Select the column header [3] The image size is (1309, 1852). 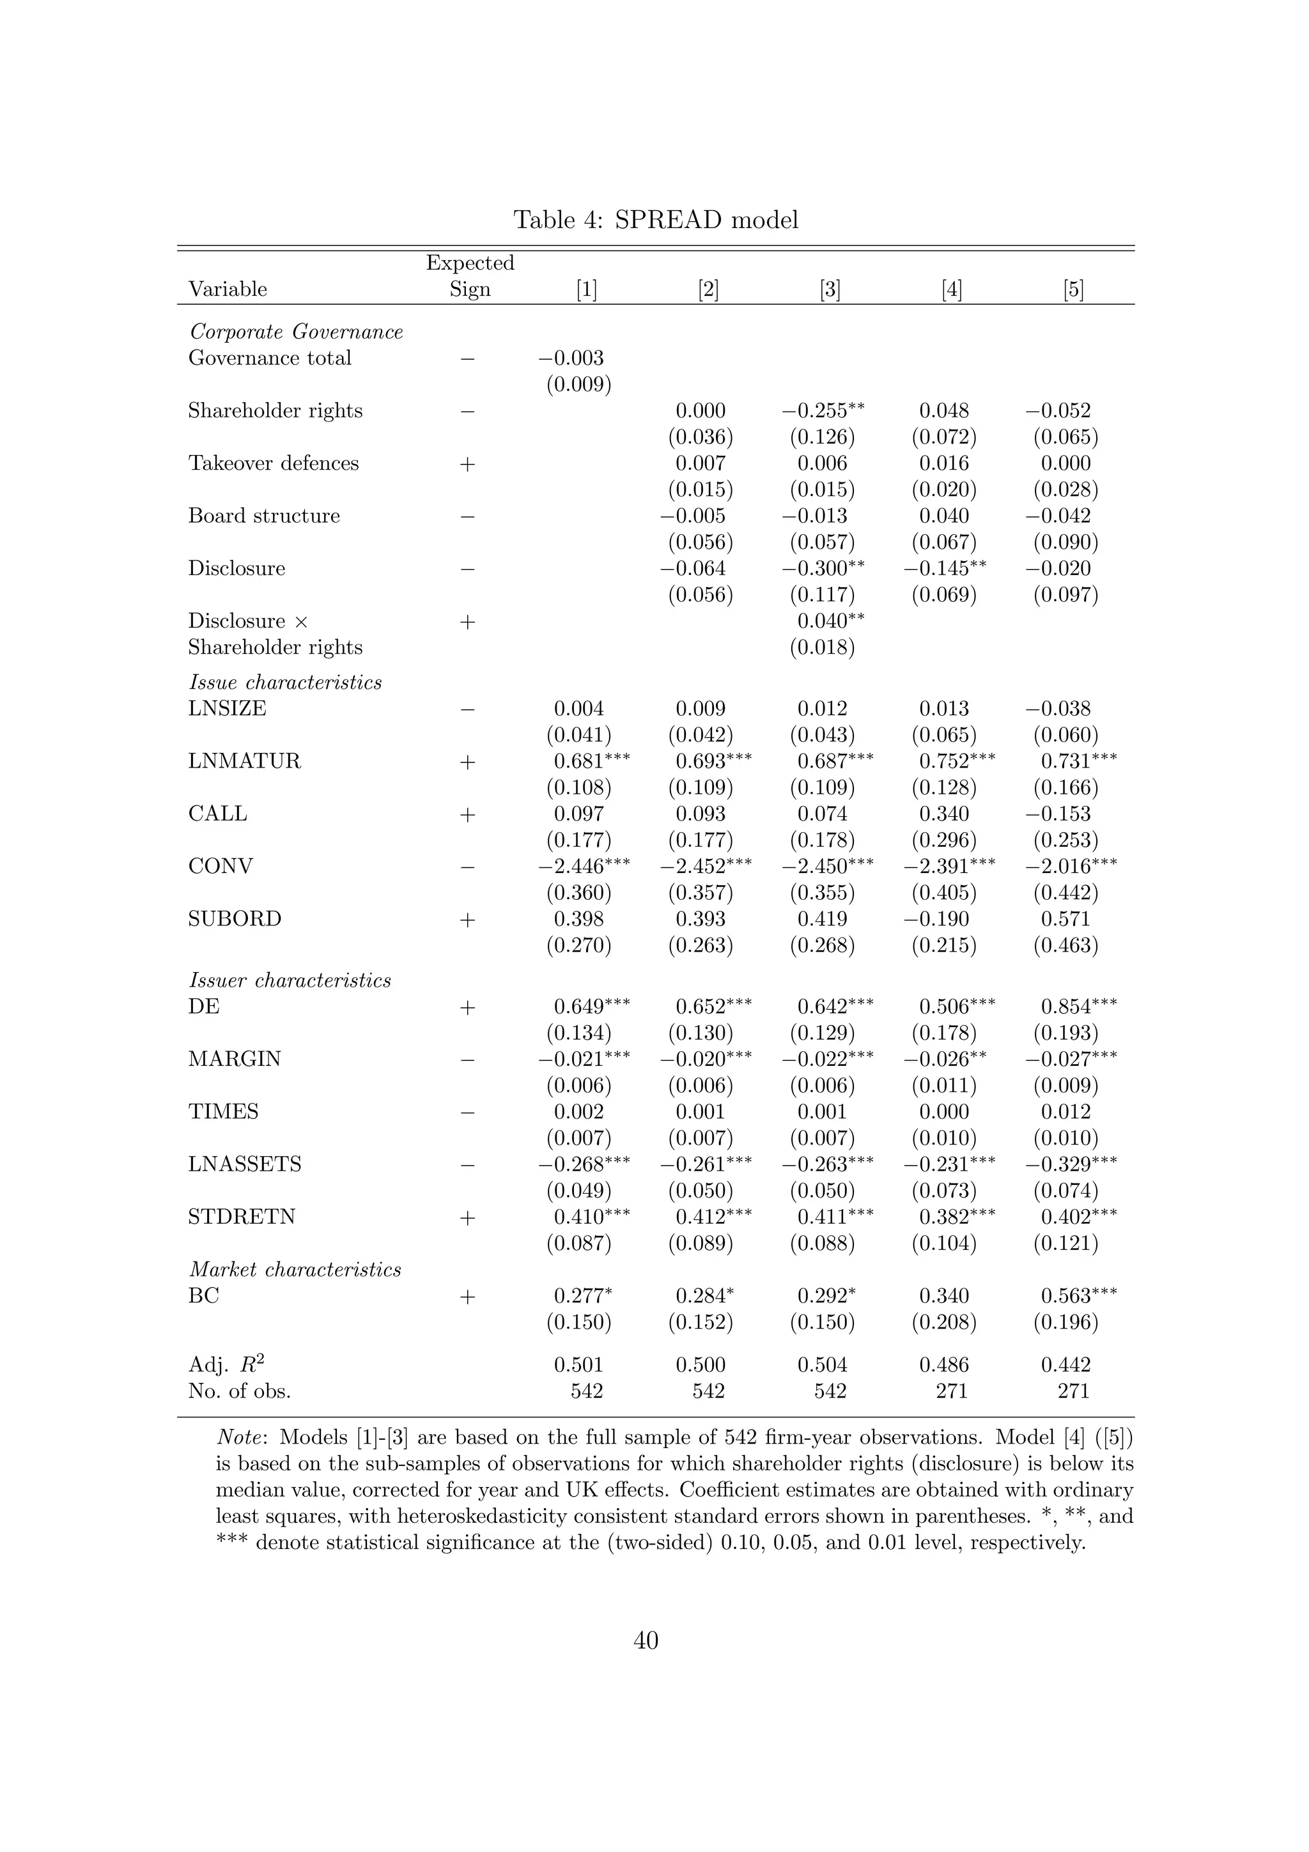(x=829, y=289)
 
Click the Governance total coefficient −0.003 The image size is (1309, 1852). (x=571, y=358)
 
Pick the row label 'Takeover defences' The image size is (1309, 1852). (x=274, y=463)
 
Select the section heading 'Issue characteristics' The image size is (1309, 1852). (x=284, y=683)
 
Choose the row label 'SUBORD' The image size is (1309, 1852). (x=235, y=919)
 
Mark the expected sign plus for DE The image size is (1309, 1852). (x=467, y=1007)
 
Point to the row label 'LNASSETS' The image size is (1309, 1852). (x=244, y=1164)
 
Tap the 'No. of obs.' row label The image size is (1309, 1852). (x=240, y=1391)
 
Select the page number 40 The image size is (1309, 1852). (x=646, y=1640)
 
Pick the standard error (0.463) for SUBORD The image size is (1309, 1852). (x=1065, y=945)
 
